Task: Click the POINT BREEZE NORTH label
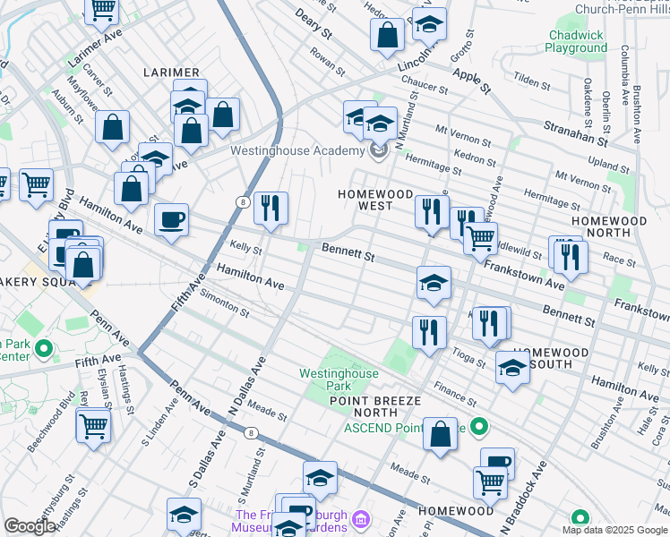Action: pos(363,406)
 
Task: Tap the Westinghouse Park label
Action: pos(337,379)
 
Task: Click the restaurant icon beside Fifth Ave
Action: pos(271,209)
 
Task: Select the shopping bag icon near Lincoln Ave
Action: pos(387,36)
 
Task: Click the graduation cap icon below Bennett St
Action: pos(434,284)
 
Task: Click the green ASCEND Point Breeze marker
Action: pos(479,428)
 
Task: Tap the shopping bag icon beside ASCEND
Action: pos(441,436)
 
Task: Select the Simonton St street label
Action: pos(224,303)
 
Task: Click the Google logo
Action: pos(30,525)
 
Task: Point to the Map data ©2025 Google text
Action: pos(614,529)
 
